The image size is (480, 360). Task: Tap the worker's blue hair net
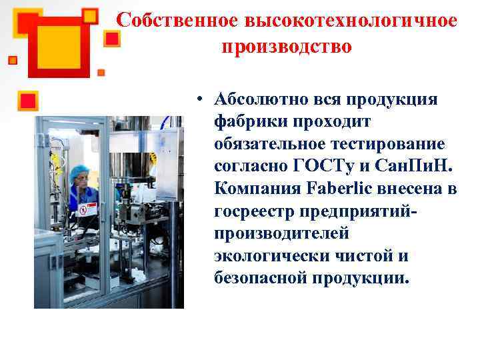click(x=80, y=172)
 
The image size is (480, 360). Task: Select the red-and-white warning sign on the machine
click(x=84, y=210)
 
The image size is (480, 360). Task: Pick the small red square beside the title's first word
click(x=112, y=39)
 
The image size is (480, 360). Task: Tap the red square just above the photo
click(x=29, y=101)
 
